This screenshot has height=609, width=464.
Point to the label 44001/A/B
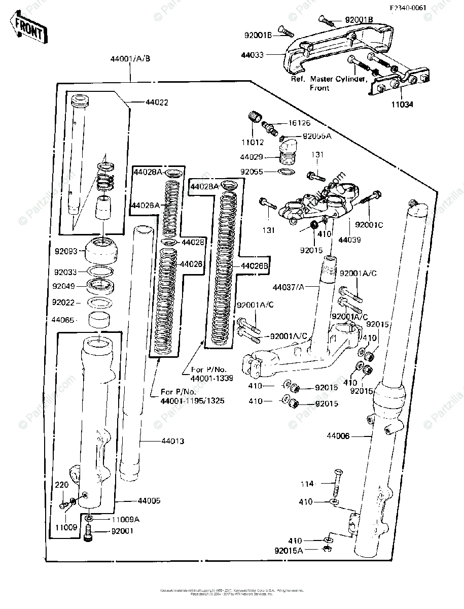pyautogui.click(x=130, y=58)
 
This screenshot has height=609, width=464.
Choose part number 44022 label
pyautogui.click(x=157, y=103)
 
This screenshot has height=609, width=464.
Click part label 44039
pyautogui.click(x=350, y=240)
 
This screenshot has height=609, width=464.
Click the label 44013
pyautogui.click(x=172, y=442)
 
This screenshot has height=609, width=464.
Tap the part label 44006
pyautogui.click(x=339, y=435)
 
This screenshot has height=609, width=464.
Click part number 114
pyautogui.click(x=307, y=484)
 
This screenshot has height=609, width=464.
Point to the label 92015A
pyautogui.click(x=289, y=550)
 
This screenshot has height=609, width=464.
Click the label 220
pyautogui.click(x=61, y=485)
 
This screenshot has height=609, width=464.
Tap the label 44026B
pyautogui.click(x=255, y=265)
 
